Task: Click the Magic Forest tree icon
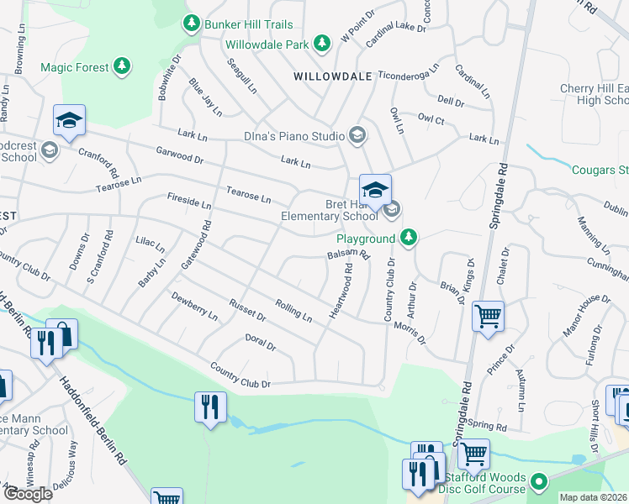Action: coord(123,66)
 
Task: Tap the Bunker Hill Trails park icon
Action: coord(192,24)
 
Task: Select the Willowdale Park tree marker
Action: coord(320,42)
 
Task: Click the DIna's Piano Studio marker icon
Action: coord(357,135)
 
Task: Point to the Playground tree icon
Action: coord(409,239)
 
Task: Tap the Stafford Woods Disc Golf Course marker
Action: coord(539,482)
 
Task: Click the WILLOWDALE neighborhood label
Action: coord(333,76)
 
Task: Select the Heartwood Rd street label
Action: coord(342,291)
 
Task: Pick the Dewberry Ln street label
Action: coord(194,307)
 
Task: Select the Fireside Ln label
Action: coord(188,202)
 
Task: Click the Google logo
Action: coord(28,493)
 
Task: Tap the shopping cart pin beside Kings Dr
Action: coord(488,317)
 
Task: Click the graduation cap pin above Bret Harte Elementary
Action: coord(375,189)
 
